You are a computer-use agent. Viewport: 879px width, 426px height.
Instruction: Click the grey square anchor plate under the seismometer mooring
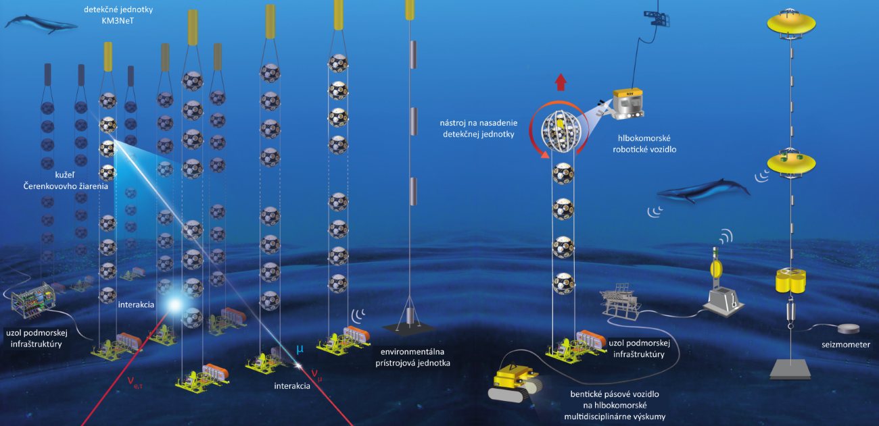(x=790, y=368)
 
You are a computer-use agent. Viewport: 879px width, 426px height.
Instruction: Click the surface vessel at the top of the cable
(x=659, y=17)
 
